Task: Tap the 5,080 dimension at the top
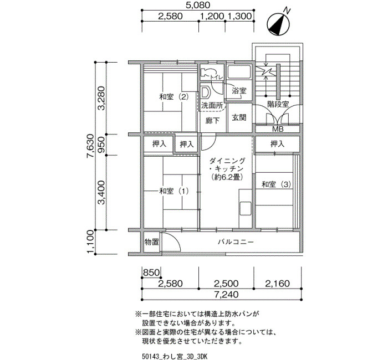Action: tap(198, 5)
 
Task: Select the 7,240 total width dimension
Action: tap(226, 295)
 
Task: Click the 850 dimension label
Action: tap(151, 272)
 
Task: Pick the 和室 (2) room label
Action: tap(174, 96)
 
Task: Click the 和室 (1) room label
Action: tap(174, 191)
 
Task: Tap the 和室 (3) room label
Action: tap(277, 184)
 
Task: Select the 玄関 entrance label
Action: tap(239, 117)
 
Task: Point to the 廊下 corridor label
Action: tap(212, 120)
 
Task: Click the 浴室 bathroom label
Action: tap(239, 91)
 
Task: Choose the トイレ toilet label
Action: tap(217, 78)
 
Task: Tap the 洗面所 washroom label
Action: tap(212, 106)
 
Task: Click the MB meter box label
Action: tap(278, 129)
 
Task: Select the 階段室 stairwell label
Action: tap(278, 104)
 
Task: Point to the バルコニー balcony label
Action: tap(236, 241)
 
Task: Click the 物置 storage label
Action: tap(151, 242)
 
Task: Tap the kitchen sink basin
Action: tap(245, 209)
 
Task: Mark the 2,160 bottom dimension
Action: tap(277, 284)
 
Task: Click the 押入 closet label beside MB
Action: tap(277, 143)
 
